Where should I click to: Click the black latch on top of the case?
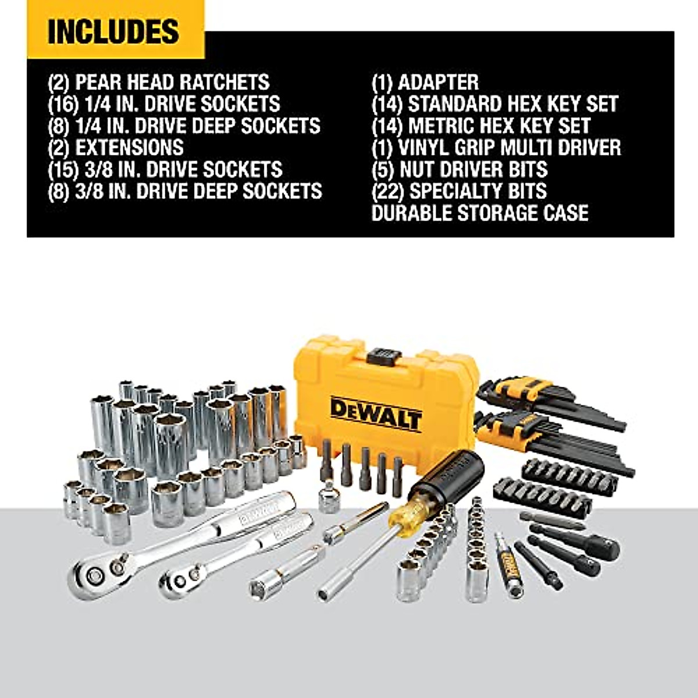[x=382, y=355]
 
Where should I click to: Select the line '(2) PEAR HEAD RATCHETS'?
[x=158, y=82]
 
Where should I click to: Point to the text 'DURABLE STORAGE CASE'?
[x=479, y=213]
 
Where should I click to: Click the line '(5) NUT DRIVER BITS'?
[x=460, y=169]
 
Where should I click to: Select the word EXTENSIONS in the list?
[x=129, y=148]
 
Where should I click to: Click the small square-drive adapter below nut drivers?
[x=330, y=498]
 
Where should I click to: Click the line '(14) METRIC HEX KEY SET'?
[x=480, y=126]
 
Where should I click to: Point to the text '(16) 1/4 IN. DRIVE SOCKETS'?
[x=163, y=104]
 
